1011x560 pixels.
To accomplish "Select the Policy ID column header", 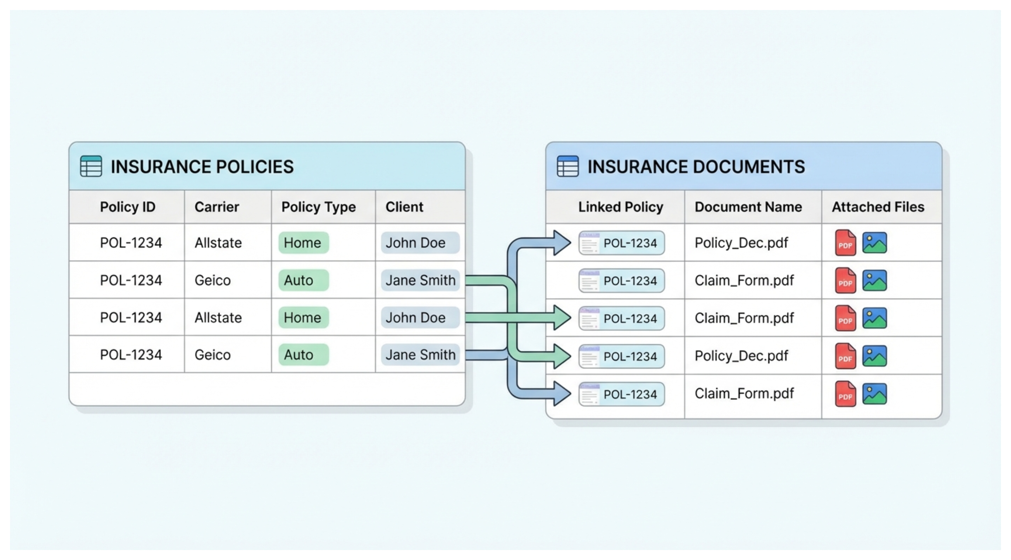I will (x=128, y=207).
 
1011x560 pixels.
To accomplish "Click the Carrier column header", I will (x=217, y=207).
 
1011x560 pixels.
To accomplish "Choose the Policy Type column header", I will (x=318, y=207).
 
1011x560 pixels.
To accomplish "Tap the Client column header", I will (x=404, y=207).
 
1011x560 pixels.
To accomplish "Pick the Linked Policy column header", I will (x=620, y=207).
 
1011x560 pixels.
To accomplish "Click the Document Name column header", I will (x=748, y=207).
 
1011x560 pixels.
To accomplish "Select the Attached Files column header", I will (x=878, y=207).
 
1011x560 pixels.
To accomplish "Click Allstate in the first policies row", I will (x=218, y=243).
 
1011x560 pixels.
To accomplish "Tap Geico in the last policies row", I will (x=212, y=355).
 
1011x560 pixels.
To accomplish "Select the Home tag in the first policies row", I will (x=303, y=243).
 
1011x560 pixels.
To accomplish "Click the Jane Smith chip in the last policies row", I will (x=420, y=355).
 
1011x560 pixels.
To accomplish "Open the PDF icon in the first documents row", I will (x=845, y=243).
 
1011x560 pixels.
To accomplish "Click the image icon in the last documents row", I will (x=874, y=394).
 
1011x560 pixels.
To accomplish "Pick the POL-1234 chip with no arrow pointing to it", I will (x=622, y=281).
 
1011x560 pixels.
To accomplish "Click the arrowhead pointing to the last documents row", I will (x=561, y=394).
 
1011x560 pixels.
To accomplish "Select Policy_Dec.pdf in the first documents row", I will (x=741, y=243).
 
